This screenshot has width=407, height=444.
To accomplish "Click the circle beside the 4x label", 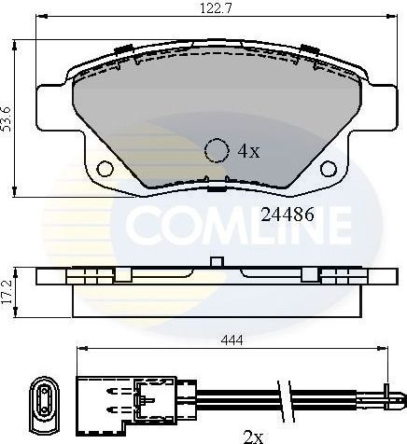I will pyautogui.click(x=217, y=149).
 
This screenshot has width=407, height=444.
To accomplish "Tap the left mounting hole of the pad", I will pyautogui.click(x=105, y=168).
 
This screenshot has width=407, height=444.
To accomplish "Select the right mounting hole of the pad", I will pyautogui.click(x=330, y=168).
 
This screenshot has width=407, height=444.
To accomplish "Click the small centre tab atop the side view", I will pyautogui.click(x=217, y=260).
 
